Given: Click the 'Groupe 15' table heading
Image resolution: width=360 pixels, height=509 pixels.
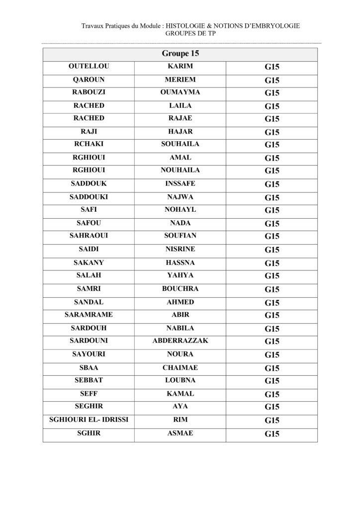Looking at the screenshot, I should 180,54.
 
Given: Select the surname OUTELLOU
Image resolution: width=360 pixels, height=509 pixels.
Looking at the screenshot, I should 89,66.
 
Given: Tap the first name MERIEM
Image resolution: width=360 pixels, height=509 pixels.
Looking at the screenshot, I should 180,80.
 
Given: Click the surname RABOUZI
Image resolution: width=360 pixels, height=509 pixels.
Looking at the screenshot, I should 89,92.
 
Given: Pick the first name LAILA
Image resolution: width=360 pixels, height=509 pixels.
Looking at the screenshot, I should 180,106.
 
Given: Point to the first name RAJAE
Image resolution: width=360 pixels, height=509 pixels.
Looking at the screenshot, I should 180,118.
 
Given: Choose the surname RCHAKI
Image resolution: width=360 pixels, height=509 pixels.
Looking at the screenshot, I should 89,145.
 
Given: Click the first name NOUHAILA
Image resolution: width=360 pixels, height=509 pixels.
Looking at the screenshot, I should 180,170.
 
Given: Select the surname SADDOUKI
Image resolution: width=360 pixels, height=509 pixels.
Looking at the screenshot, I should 89,197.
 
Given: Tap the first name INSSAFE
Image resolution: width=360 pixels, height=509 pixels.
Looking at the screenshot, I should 180,184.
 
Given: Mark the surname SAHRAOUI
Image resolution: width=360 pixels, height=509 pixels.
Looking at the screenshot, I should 89,236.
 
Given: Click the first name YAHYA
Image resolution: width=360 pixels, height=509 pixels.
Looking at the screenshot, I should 180,275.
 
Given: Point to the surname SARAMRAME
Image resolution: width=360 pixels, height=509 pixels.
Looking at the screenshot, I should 89,315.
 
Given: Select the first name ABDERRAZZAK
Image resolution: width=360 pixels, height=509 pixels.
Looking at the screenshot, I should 180,341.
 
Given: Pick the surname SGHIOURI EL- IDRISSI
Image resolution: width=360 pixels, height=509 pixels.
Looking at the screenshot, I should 89,420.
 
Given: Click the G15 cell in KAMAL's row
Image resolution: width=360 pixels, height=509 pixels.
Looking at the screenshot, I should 272,394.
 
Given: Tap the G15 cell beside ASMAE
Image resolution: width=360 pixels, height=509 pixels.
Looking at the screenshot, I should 272,433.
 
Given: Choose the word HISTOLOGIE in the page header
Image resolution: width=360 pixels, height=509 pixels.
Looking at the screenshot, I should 188,26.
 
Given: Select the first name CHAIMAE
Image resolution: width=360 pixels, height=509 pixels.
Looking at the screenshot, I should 180,368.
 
